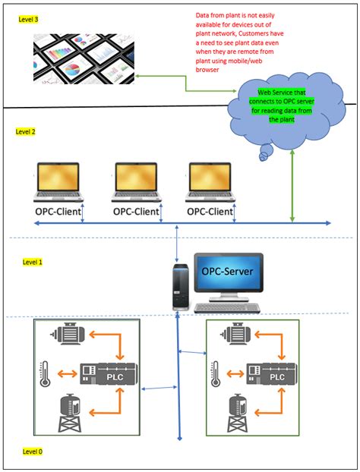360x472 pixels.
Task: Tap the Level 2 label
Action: pos(26,131)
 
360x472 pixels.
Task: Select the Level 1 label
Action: pos(33,262)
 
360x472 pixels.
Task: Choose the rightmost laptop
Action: pos(210,182)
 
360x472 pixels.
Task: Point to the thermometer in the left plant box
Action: pos(44,374)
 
